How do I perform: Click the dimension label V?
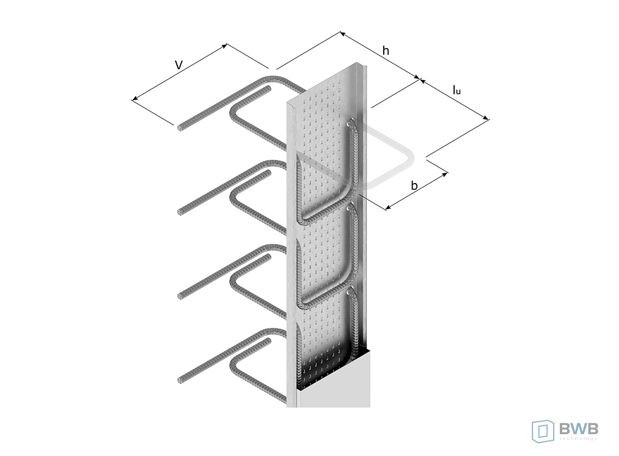tap(179, 65)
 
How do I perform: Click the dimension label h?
tap(385, 51)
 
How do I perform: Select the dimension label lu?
tap(456, 90)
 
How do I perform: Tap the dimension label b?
tap(414, 185)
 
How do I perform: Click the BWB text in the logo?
tap(578, 428)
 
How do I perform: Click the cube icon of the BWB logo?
tap(543, 431)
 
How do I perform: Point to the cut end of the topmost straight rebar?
tap(180, 128)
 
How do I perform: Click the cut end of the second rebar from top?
tap(181, 212)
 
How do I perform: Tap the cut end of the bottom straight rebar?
tap(181, 380)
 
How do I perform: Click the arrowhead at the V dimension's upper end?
tap(225, 46)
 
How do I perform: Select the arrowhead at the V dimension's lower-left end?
tap(134, 99)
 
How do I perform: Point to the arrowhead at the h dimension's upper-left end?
tap(343, 34)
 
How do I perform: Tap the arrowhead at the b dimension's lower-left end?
tap(388, 207)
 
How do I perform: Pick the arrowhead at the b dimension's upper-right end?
tap(446, 174)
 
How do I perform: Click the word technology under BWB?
tap(578, 439)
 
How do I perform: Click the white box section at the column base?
tap(335, 379)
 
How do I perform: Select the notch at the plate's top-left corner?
tap(291, 105)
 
